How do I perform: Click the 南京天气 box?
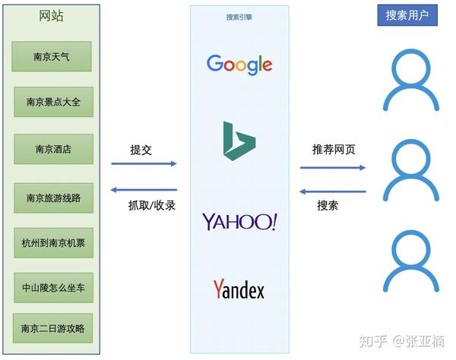pyautogui.click(x=52, y=56)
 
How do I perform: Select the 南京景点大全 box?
pyautogui.click(x=53, y=102)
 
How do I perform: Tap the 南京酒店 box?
pyautogui.click(x=53, y=149)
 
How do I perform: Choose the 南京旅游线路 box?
pyautogui.click(x=53, y=198)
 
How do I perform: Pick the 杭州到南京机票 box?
pyautogui.click(x=53, y=243)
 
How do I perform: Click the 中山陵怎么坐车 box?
pyautogui.click(x=53, y=288)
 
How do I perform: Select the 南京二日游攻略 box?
pyautogui.click(x=52, y=328)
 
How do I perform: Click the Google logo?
pyautogui.click(x=239, y=65)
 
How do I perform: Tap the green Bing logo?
pyautogui.click(x=239, y=141)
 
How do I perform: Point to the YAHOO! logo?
pyautogui.click(x=240, y=222)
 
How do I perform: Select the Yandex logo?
pyautogui.click(x=239, y=289)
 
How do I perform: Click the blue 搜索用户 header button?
pyautogui.click(x=407, y=15)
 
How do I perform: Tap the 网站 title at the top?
pyautogui.click(x=51, y=16)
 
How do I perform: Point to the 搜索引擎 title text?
pyautogui.click(x=239, y=17)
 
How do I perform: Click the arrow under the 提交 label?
pyautogui.click(x=144, y=163)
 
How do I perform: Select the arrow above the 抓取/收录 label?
pyautogui.click(x=144, y=190)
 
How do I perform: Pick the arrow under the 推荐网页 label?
pyautogui.click(x=333, y=168)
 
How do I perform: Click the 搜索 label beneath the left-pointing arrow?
pyautogui.click(x=328, y=206)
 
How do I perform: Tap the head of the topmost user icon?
pyautogui.click(x=411, y=68)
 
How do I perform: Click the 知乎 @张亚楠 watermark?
pyautogui.click(x=401, y=341)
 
